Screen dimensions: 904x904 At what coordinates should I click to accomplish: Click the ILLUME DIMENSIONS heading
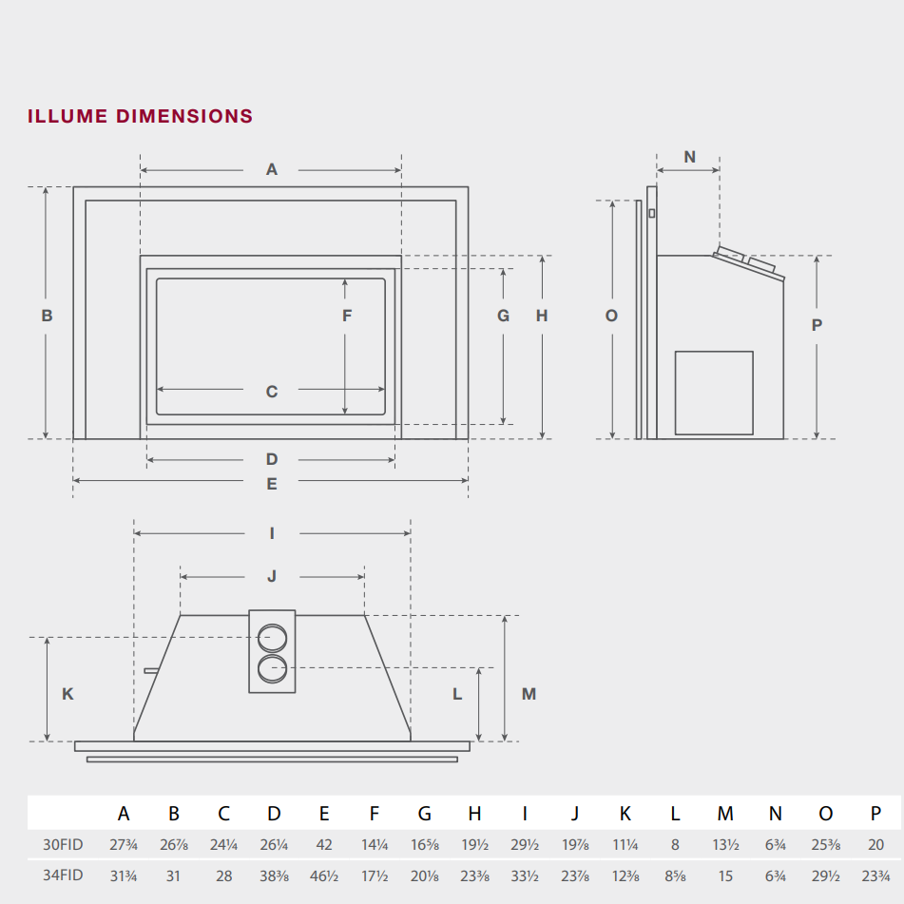(x=141, y=117)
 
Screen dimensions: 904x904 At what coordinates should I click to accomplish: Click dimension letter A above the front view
(x=272, y=170)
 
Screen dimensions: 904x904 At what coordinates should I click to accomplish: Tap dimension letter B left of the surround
(x=47, y=316)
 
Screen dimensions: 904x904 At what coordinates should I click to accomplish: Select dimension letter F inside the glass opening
(x=347, y=316)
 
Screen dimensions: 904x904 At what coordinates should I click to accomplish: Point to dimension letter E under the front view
(x=272, y=484)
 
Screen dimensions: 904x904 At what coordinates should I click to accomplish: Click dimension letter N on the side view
(x=689, y=157)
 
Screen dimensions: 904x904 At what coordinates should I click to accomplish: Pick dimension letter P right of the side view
(x=817, y=325)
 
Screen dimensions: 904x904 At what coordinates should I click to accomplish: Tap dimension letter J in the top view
(x=272, y=576)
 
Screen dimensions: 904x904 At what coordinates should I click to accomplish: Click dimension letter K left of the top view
(x=67, y=694)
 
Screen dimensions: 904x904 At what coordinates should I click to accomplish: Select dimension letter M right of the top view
(x=529, y=694)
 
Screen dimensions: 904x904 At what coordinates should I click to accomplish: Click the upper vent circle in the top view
(x=272, y=636)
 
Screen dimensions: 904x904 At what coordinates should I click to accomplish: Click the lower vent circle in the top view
(x=272, y=668)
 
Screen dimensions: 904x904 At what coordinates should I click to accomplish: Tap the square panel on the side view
(x=714, y=394)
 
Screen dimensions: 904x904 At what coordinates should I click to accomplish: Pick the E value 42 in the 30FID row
(x=324, y=844)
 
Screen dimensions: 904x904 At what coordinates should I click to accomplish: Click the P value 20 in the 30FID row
(x=875, y=844)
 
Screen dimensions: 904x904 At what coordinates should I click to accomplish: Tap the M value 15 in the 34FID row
(x=725, y=875)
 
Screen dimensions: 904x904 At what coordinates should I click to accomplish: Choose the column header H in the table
(x=474, y=814)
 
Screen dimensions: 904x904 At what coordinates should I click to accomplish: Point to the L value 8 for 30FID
(x=675, y=844)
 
